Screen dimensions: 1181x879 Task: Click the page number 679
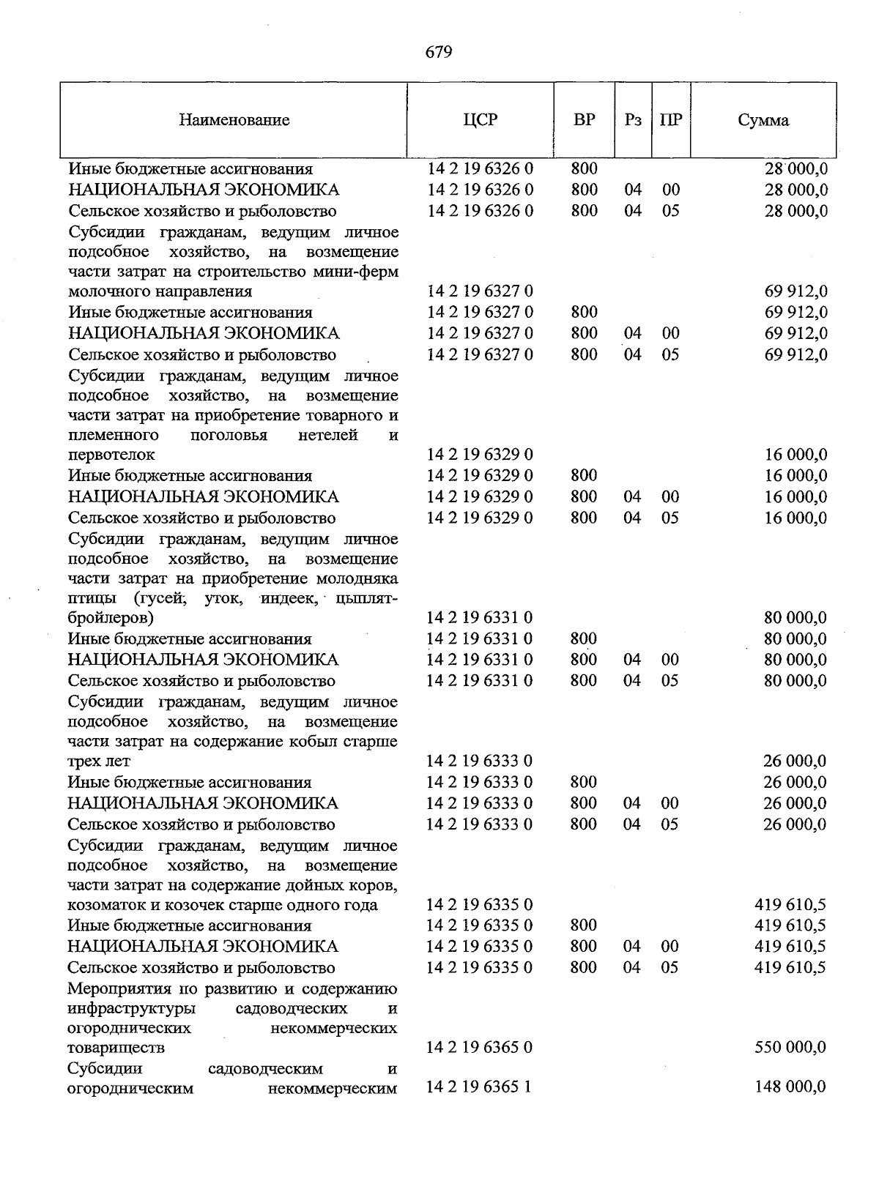coord(439,52)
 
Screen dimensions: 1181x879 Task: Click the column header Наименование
coord(234,120)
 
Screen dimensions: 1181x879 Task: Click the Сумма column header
coord(763,120)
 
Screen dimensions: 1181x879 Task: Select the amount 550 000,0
coord(790,1047)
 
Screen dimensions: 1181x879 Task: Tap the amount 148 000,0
coord(790,1087)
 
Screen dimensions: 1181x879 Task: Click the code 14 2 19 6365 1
coord(479,1087)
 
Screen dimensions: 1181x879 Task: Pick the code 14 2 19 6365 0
coord(479,1047)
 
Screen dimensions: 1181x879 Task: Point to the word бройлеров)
coord(111,618)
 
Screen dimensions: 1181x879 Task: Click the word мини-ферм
coord(363,272)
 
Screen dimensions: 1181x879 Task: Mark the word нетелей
coord(328,436)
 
